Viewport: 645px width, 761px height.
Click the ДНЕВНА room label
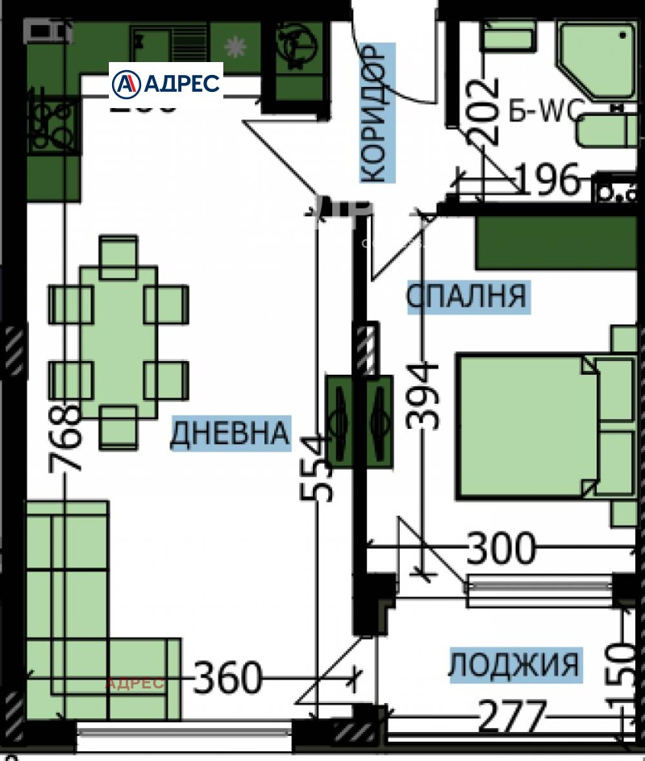pyautogui.click(x=229, y=434)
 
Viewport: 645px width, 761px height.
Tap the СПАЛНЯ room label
pyautogui.click(x=466, y=296)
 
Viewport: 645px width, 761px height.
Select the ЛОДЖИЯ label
pyautogui.click(x=514, y=665)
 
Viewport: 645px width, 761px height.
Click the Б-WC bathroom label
pyautogui.click(x=544, y=110)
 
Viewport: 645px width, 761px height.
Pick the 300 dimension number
pyautogui.click(x=501, y=549)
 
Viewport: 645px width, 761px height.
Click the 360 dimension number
pyautogui.click(x=228, y=678)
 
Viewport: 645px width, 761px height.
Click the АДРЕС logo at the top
pyautogui.click(x=166, y=82)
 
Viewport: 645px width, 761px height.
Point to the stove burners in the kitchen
pyautogui.click(x=53, y=124)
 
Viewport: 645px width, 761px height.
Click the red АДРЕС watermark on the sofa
pyautogui.click(x=135, y=684)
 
